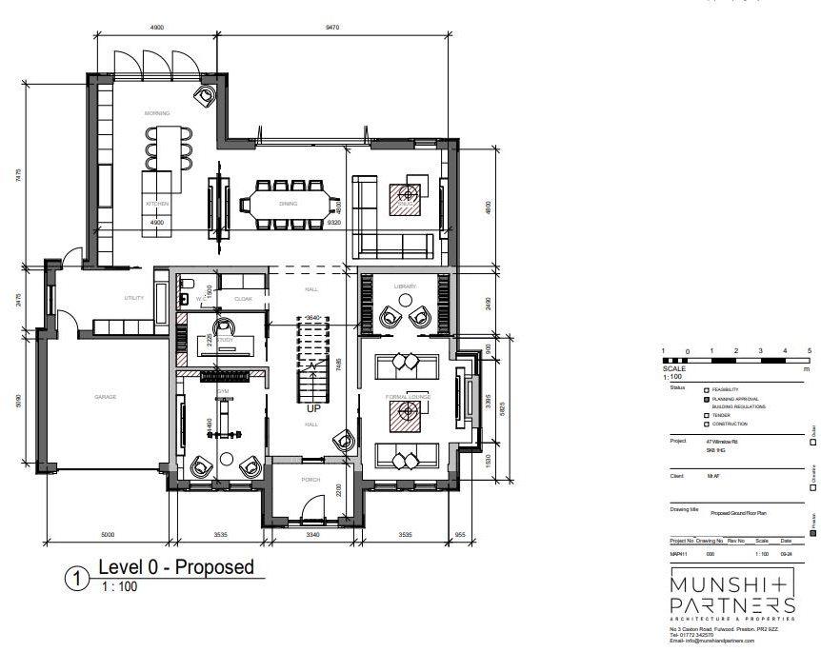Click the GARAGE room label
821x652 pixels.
coord(105,397)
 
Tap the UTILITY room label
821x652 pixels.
coord(133,298)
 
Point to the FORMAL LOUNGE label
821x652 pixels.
coord(407,396)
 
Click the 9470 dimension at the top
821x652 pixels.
coord(331,28)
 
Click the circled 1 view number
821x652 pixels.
coord(77,579)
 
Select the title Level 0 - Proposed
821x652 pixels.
coord(176,568)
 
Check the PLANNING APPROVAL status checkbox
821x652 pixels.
coord(706,399)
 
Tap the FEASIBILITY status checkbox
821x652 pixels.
coord(706,390)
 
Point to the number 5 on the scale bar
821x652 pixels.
coord(809,351)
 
